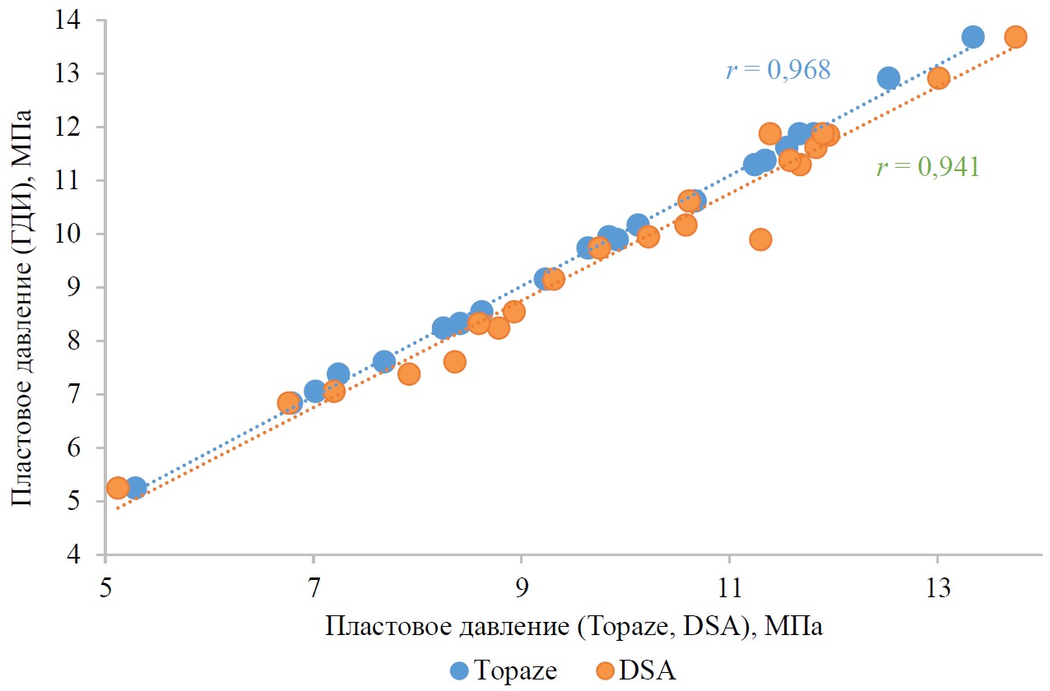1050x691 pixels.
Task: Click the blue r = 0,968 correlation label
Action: point(778,71)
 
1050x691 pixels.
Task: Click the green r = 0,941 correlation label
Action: point(927,169)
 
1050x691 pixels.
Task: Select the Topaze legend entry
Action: point(504,670)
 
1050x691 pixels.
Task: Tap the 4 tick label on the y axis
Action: point(85,555)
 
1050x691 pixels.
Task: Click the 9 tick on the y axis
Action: point(85,288)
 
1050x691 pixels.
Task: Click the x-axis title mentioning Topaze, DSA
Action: point(574,627)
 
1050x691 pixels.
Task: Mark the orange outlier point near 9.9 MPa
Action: point(760,239)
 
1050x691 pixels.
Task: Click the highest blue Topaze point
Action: point(973,37)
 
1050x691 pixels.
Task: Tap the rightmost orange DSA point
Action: point(1015,37)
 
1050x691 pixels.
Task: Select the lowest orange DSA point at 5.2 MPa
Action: point(118,488)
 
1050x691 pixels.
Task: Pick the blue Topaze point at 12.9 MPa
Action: point(889,78)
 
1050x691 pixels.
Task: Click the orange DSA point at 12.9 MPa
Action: point(939,78)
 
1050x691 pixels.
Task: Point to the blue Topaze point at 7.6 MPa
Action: point(383,361)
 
